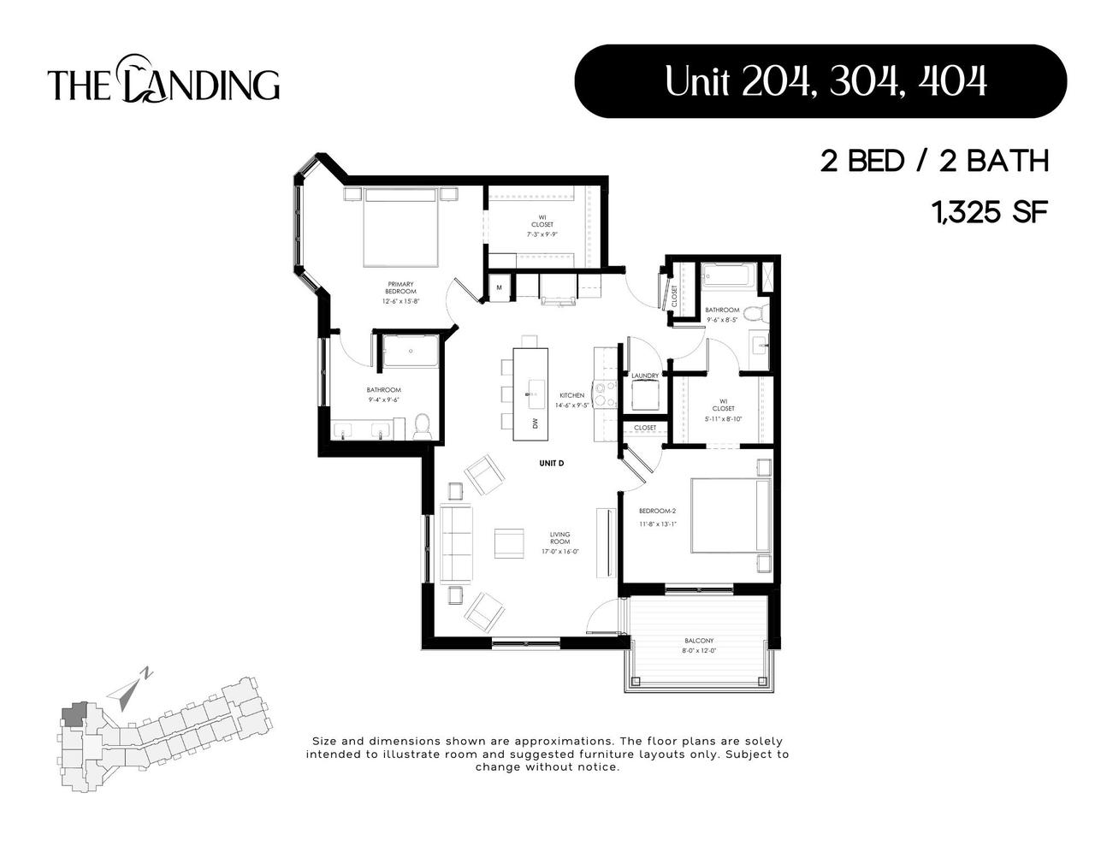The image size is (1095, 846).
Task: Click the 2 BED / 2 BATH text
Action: (x=934, y=161)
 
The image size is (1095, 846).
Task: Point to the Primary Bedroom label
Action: (x=400, y=287)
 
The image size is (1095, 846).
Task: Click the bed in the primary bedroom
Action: (x=401, y=227)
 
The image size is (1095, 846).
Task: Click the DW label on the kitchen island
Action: (x=535, y=423)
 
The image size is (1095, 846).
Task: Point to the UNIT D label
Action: (x=552, y=463)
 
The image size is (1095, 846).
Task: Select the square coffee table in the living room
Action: (x=509, y=543)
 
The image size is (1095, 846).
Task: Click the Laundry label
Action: (x=644, y=376)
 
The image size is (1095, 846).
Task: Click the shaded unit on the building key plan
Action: (x=74, y=715)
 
